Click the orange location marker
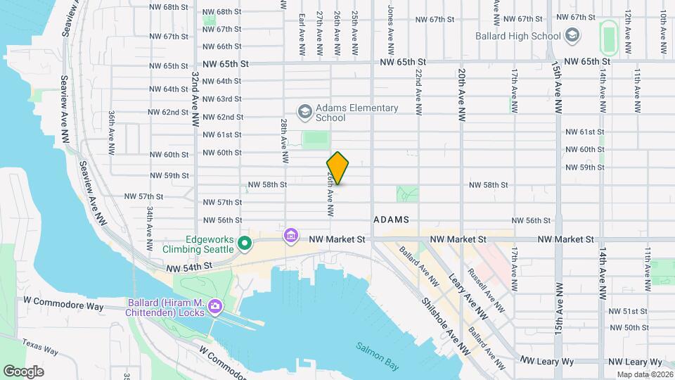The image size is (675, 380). [338, 168]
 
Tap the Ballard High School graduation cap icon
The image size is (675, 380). [572, 36]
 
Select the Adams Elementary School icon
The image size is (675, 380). [304, 112]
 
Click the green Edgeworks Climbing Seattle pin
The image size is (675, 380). [245, 244]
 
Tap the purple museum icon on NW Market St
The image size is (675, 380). [290, 235]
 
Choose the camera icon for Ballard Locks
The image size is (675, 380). [214, 308]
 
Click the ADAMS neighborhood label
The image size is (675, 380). [392, 220]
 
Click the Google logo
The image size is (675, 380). [24, 371]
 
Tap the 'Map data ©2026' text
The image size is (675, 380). [643, 374]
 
